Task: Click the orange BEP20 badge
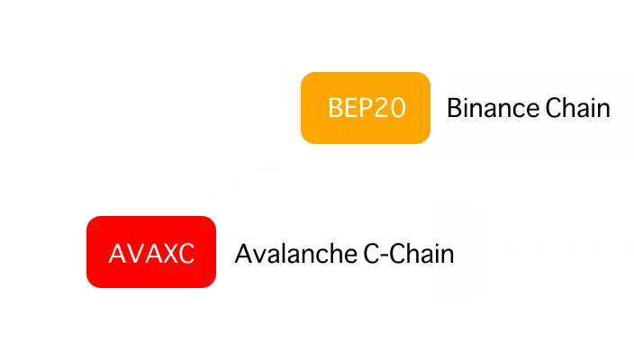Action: click(x=366, y=108)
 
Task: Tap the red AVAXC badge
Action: click(x=151, y=252)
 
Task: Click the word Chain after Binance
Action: click(x=578, y=109)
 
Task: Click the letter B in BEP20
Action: click(x=335, y=109)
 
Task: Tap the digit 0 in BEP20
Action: click(x=398, y=109)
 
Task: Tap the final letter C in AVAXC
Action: click(x=186, y=253)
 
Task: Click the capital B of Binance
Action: click(x=454, y=109)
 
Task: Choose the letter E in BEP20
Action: click(x=350, y=109)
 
